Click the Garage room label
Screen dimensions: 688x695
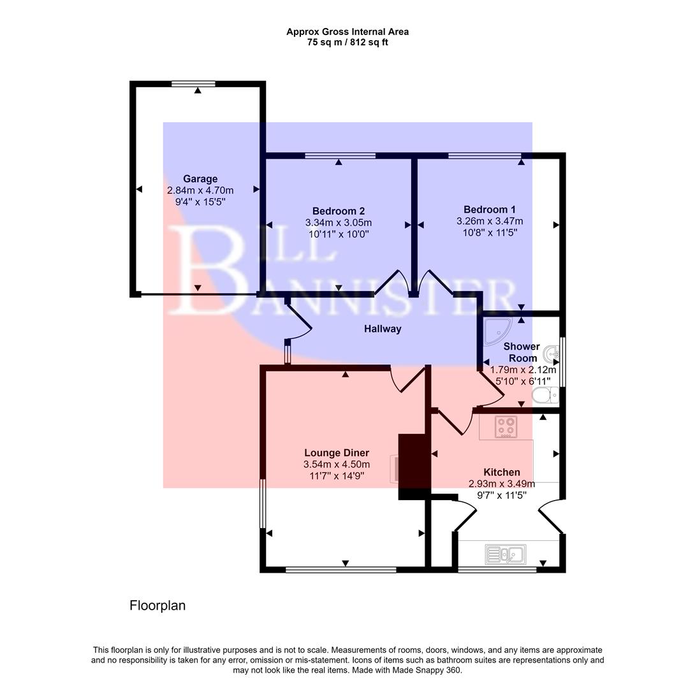(200, 179)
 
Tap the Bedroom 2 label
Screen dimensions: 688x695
(338, 211)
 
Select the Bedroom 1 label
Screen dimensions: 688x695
(489, 210)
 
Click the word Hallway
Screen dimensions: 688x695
(383, 329)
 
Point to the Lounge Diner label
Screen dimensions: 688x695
(336, 453)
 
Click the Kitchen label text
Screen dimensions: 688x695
(501, 472)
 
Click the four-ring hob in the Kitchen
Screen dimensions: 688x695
(506, 426)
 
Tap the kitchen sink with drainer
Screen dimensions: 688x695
(504, 554)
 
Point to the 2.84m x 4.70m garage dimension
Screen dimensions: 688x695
(200, 190)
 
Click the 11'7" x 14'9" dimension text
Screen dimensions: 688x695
(336, 476)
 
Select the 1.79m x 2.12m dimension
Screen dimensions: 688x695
(523, 369)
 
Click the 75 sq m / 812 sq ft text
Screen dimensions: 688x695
(347, 43)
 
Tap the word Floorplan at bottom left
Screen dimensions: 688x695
(157, 606)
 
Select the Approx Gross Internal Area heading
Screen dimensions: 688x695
(347, 31)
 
